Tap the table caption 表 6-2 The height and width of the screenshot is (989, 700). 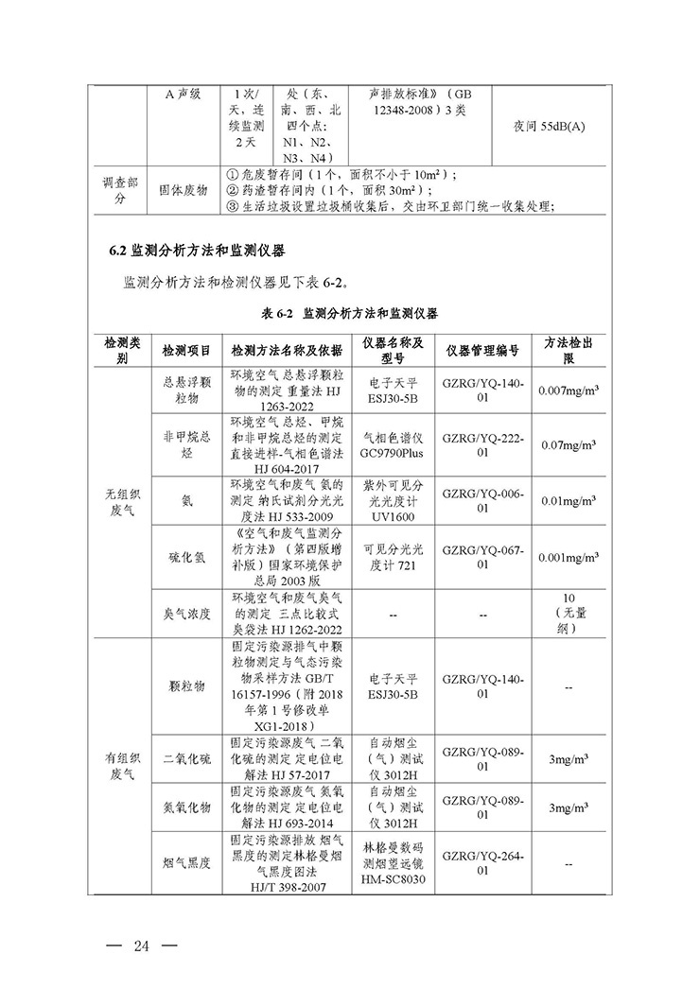pyautogui.click(x=349, y=313)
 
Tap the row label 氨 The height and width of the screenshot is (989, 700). pyautogui.click(x=186, y=503)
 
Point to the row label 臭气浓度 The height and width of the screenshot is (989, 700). pyautogui.click(x=186, y=614)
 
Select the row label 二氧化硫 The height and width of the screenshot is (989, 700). pyautogui.click(x=186, y=759)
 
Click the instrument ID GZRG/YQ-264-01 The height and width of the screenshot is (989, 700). pyautogui.click(x=481, y=863)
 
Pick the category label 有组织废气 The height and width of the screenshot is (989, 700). pyautogui.click(x=121, y=766)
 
